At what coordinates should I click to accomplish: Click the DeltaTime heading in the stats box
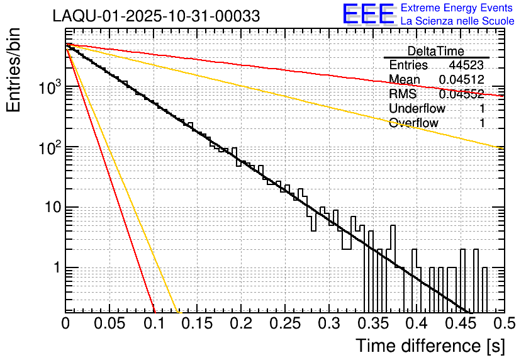pos(436,51)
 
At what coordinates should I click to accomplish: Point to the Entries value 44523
pos(466,65)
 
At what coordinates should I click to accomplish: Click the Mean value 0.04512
pos(462,80)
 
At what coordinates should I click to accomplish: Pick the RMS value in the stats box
pos(462,94)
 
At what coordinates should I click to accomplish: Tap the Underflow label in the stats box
pos(417,109)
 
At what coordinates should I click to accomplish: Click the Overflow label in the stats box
pos(413,123)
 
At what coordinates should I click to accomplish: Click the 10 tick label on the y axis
pos(48,208)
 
